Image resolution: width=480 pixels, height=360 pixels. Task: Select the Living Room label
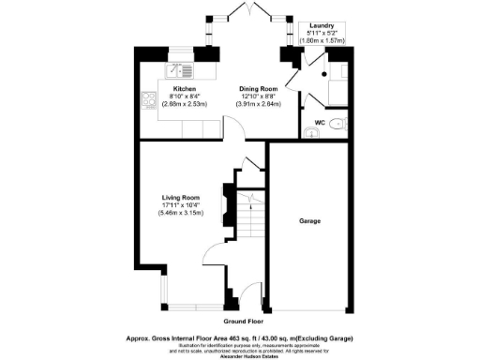tap(180, 198)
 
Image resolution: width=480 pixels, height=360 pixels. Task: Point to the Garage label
tap(310, 221)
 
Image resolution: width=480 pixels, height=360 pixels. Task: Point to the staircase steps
tap(247, 220)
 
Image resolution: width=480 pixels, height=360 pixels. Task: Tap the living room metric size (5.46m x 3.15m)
tap(180, 213)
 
